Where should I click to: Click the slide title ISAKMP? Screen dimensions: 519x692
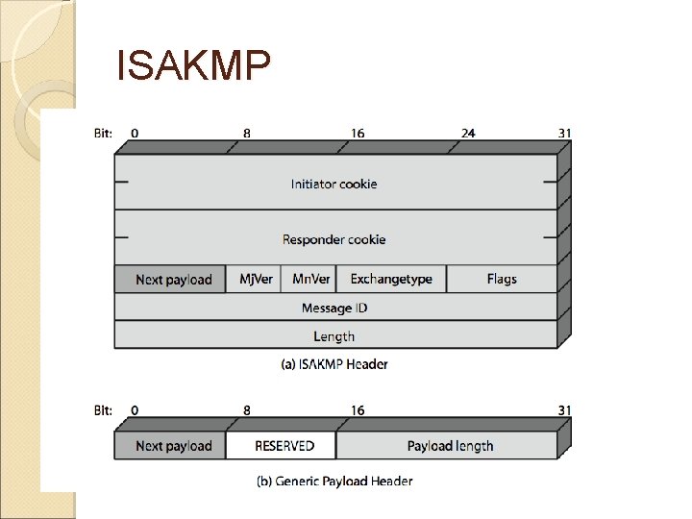click(x=193, y=65)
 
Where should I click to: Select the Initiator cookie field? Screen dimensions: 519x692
click(x=334, y=184)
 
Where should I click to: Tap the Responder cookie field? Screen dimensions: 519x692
click(x=334, y=239)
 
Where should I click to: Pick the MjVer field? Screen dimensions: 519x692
click(x=256, y=280)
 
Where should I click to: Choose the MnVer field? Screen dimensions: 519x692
click(x=311, y=280)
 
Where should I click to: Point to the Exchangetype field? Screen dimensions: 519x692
click(x=391, y=280)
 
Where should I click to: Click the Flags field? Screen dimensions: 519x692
click(x=502, y=280)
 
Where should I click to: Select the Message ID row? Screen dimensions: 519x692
click(x=334, y=308)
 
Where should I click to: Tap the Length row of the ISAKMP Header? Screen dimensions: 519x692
click(x=334, y=336)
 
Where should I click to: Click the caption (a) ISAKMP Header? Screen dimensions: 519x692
click(x=334, y=364)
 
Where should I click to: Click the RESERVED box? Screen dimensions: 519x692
click(x=284, y=446)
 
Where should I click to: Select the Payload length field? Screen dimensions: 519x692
click(x=450, y=446)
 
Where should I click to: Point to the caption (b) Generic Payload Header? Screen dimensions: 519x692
click(x=334, y=481)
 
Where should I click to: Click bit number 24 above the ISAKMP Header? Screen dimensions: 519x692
click(x=468, y=134)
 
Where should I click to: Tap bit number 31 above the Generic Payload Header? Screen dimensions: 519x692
click(x=564, y=410)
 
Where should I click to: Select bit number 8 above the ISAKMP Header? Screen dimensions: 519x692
click(x=247, y=134)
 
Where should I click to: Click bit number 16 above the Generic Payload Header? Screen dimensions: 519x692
click(x=358, y=410)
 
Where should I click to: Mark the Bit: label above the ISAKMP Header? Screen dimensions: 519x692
click(x=103, y=134)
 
